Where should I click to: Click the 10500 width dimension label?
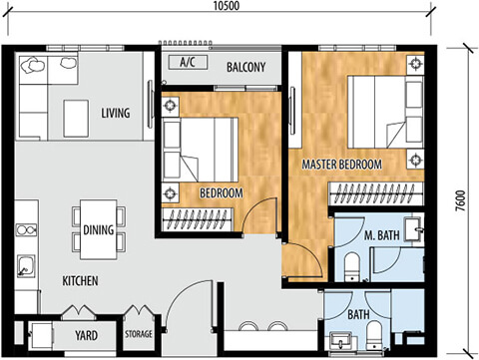click(x=227, y=6)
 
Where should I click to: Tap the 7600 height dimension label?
click(x=461, y=200)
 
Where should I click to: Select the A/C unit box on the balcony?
click(x=188, y=62)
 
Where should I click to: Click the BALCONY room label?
click(x=246, y=67)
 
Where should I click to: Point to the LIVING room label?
click(x=116, y=113)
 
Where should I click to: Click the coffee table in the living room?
click(x=76, y=119)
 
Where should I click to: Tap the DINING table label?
click(x=99, y=229)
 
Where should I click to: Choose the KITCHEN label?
click(x=80, y=281)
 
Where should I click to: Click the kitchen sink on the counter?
click(x=26, y=266)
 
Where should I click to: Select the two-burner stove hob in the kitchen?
click(x=26, y=230)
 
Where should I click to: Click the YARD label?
click(x=86, y=335)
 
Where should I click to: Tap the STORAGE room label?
click(x=139, y=334)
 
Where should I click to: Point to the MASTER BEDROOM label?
click(x=341, y=165)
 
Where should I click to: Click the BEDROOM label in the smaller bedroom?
click(x=222, y=193)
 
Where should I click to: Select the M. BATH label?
click(x=381, y=235)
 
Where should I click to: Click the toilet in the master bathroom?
click(x=352, y=267)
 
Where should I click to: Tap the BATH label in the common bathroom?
click(x=358, y=314)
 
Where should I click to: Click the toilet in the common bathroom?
click(x=374, y=335)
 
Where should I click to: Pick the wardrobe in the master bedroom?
click(x=376, y=193)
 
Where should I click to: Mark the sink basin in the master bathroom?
click(x=413, y=228)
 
